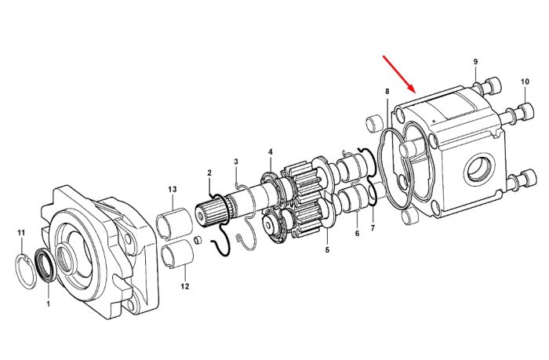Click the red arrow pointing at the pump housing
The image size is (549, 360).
coord(399,74)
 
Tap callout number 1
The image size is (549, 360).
coord(49,304)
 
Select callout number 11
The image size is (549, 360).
coord(21,232)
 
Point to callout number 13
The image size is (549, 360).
coord(173,190)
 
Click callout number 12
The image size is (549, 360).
coord(185,286)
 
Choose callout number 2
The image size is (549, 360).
coord(209,173)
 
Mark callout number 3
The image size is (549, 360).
coord(236,162)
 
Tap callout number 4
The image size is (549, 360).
coord(271,152)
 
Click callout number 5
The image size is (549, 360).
coord(327,250)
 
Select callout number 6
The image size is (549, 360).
coord(357,233)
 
